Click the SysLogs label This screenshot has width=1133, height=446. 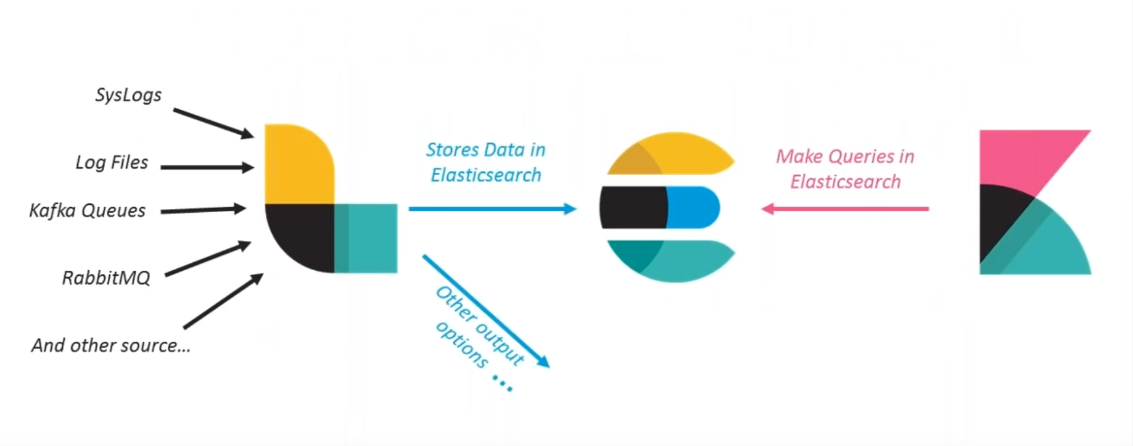point(128,95)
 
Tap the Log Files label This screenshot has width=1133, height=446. point(112,162)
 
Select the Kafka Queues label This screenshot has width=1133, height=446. point(87,211)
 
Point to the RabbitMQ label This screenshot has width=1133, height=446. point(106,278)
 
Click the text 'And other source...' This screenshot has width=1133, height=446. point(111,345)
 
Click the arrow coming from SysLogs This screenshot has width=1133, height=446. point(213,123)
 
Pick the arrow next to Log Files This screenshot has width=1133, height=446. point(207,167)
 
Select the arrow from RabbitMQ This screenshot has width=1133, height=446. point(208,259)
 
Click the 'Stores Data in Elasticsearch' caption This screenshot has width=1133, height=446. point(486,162)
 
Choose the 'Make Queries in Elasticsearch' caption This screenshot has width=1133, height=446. point(845,169)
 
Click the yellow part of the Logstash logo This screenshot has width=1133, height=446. point(297,163)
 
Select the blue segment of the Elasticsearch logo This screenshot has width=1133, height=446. point(693,207)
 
